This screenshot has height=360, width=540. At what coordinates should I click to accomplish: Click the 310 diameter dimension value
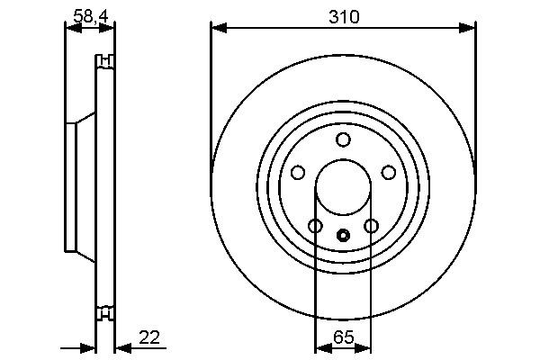(344, 17)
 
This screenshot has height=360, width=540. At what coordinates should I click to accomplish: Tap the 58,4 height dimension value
(91, 16)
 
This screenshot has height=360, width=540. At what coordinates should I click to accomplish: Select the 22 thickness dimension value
(149, 337)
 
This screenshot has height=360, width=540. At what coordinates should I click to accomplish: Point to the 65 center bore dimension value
(344, 337)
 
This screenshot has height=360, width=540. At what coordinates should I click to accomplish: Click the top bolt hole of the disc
(343, 139)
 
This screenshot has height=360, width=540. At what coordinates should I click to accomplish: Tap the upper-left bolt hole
(298, 172)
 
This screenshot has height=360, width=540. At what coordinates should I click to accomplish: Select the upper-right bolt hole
(389, 172)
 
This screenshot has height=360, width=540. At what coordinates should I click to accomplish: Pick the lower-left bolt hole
(315, 226)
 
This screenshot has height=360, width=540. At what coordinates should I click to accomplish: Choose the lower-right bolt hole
(371, 226)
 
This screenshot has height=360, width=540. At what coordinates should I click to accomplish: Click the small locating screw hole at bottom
(343, 236)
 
